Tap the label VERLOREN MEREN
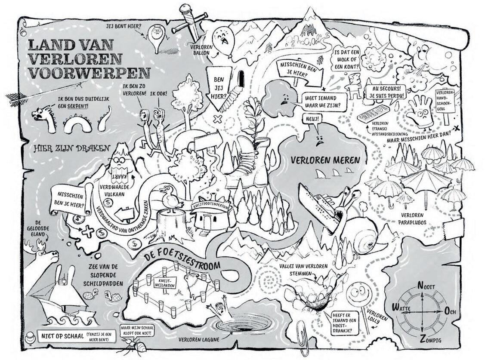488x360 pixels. pyautogui.click(x=325, y=160)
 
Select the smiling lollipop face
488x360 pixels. pyautogui.click(x=358, y=295)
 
